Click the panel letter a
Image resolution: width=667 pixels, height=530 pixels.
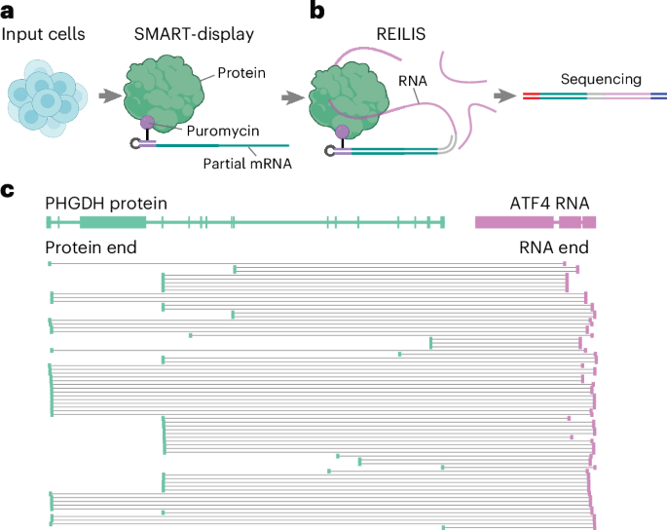(9, 12)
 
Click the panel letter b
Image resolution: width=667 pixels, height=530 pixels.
(317, 12)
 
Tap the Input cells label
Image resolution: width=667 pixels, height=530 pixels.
(45, 36)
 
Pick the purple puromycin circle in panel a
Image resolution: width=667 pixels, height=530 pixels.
(147, 124)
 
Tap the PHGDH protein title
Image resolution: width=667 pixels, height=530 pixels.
(106, 203)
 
